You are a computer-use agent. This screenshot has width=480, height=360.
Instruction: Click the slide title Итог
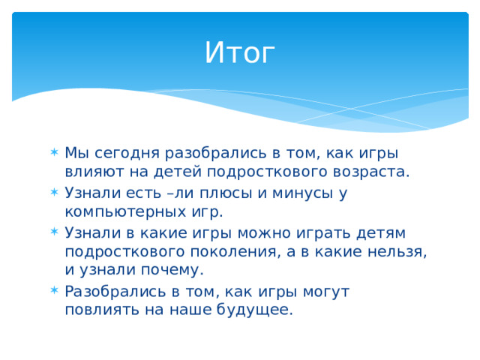(240, 52)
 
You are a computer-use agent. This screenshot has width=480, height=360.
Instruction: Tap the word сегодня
(127, 153)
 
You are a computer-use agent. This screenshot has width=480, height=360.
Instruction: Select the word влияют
(94, 172)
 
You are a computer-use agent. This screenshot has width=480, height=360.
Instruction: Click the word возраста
(370, 172)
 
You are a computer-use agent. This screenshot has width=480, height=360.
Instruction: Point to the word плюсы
(226, 193)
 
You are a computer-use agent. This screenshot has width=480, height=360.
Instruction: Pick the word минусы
(302, 193)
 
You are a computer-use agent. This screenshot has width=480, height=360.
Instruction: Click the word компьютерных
(125, 212)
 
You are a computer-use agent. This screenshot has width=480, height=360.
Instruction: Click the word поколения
(235, 252)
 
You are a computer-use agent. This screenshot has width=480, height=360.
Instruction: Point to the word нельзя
(397, 252)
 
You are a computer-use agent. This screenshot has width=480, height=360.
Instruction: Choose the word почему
(172, 271)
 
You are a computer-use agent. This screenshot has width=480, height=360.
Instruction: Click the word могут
(326, 292)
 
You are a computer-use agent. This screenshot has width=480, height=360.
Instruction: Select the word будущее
(255, 310)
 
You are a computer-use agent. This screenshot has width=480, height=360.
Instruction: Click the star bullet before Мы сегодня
(54, 152)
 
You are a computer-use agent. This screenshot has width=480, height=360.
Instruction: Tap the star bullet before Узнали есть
(54, 192)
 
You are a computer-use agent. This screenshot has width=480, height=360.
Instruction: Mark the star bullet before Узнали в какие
(54, 232)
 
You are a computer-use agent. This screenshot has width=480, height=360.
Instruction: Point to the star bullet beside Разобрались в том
(54, 290)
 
